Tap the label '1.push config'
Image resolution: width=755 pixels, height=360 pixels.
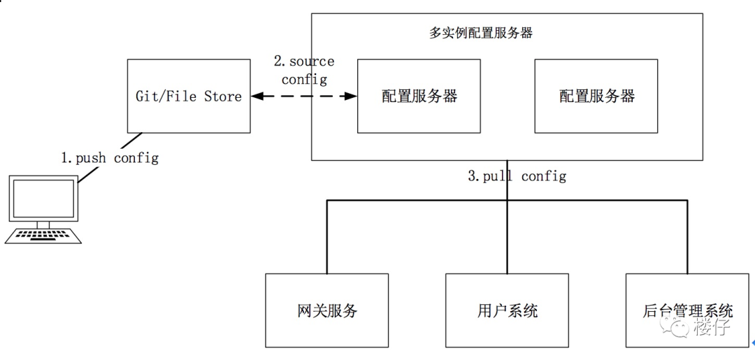(x=109, y=158)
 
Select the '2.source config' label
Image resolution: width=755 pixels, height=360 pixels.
(x=303, y=71)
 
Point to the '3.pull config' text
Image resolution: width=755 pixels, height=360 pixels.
(x=517, y=175)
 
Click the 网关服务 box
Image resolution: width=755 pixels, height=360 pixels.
(x=326, y=310)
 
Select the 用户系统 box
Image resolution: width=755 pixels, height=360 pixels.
(x=507, y=310)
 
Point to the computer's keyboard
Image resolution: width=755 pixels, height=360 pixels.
(x=43, y=236)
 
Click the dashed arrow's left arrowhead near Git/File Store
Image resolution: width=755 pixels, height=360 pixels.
(x=257, y=96)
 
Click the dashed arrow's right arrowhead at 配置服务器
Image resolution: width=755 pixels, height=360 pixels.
(x=352, y=96)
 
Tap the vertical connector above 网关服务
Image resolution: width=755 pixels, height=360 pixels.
(x=326, y=238)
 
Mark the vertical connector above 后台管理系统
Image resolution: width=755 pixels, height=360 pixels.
(x=687, y=238)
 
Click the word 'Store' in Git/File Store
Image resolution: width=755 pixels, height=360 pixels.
(x=223, y=96)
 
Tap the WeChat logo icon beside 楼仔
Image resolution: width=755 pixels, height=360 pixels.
(x=677, y=326)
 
